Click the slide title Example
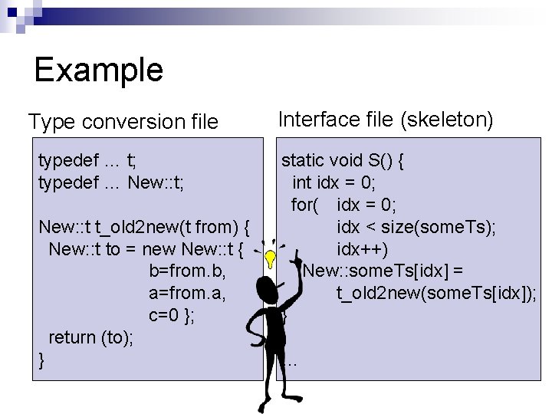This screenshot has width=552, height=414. pyautogui.click(x=98, y=70)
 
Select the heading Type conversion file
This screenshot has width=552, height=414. pyautogui.click(x=123, y=121)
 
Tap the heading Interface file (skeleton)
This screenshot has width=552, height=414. pyautogui.click(x=386, y=119)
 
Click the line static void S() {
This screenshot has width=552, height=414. pyautogui.click(x=343, y=160)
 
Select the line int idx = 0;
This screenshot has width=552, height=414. pyautogui.click(x=333, y=182)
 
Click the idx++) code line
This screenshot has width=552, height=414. pyautogui.click(x=363, y=249)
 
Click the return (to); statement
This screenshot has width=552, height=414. pyautogui.click(x=90, y=337)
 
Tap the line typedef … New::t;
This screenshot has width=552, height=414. pyautogui.click(x=110, y=182)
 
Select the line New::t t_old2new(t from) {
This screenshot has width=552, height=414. pyautogui.click(x=145, y=227)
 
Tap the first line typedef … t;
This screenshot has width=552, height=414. pyautogui.click(x=87, y=160)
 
